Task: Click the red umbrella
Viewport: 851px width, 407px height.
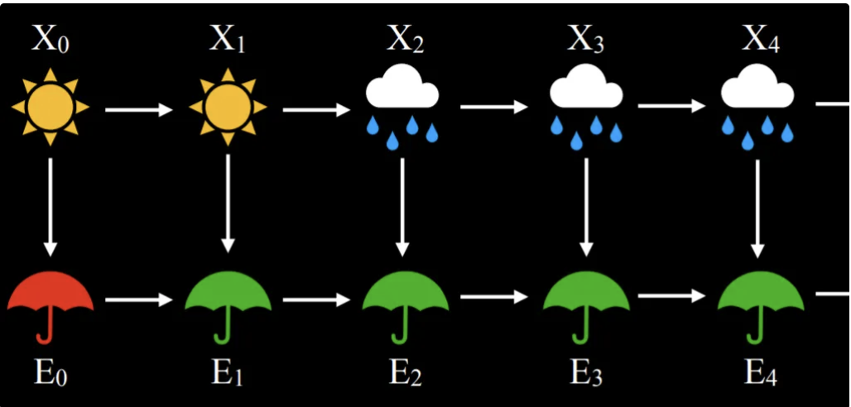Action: tap(50, 302)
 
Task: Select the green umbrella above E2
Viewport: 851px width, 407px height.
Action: tap(404, 302)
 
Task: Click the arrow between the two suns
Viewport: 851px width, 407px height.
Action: tap(139, 109)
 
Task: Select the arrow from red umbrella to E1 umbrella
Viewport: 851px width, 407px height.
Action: tap(139, 299)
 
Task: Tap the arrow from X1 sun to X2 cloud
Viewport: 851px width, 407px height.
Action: tap(316, 109)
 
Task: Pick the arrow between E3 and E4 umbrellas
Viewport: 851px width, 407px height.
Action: tap(671, 295)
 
